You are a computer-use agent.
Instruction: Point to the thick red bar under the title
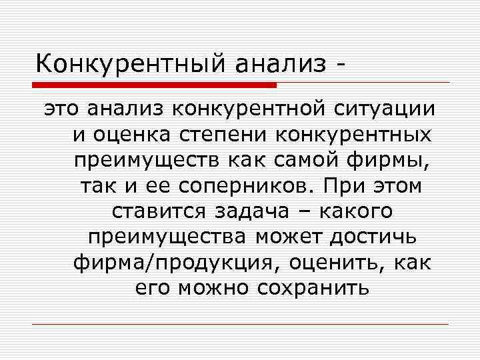pyautogui.click(x=154, y=85)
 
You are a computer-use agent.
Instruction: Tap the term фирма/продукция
pyautogui.click(x=172, y=263)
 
